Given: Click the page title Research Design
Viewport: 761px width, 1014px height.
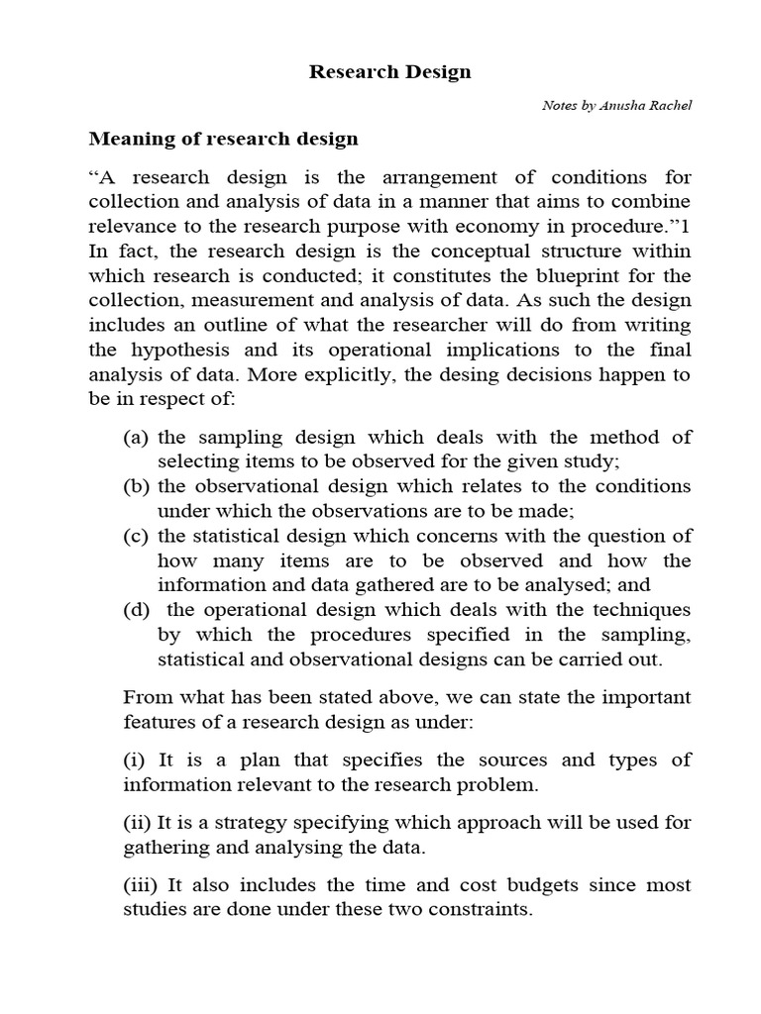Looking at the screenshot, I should pyautogui.click(x=389, y=72).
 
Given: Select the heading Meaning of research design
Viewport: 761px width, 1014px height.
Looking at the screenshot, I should pyautogui.click(x=224, y=139).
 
